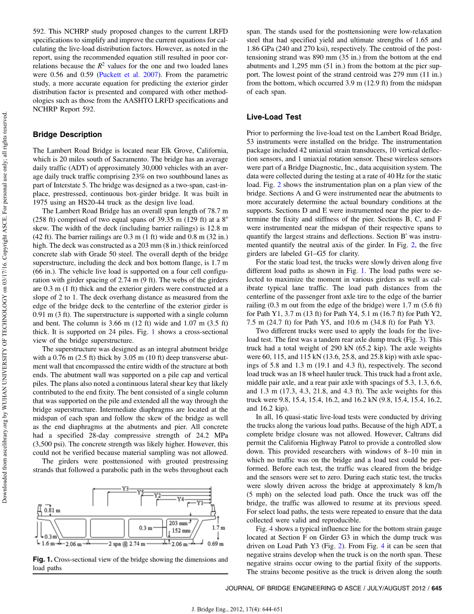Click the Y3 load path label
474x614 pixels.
(x=125, y=489)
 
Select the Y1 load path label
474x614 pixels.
(x=200, y=503)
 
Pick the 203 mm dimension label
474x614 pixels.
(x=177, y=523)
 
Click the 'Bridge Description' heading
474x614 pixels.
(x=67, y=135)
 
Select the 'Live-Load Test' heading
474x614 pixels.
(x=274, y=117)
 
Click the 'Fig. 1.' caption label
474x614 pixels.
(x=42, y=560)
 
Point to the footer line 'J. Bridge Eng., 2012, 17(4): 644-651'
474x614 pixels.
(x=237, y=609)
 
